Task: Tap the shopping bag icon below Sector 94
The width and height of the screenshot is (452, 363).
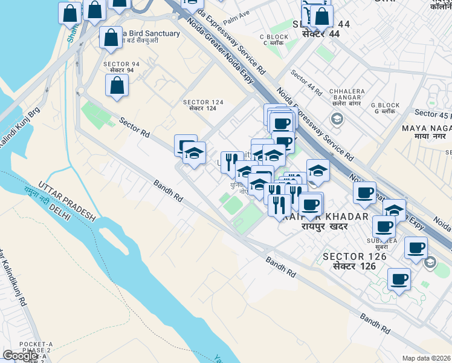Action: [117, 85]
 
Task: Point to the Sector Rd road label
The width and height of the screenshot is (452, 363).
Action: [134, 126]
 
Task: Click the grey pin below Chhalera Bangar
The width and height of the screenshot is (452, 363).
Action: [337, 119]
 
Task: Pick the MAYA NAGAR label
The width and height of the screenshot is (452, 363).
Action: [427, 128]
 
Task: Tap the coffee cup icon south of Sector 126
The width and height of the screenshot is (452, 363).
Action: [399, 280]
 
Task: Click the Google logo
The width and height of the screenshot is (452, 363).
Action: [21, 356]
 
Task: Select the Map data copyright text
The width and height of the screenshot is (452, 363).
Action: [427, 358]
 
